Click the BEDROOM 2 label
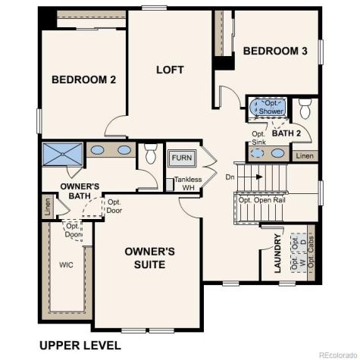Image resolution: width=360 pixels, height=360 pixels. point(83,79)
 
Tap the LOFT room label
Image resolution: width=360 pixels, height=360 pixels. point(170,70)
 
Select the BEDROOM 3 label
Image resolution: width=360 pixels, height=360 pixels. point(275,51)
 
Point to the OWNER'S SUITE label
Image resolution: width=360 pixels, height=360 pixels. point(150,258)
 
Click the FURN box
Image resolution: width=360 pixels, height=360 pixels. point(181,158)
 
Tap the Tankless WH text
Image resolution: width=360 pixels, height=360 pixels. point(187,183)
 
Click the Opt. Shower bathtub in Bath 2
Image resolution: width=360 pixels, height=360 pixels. point(267,108)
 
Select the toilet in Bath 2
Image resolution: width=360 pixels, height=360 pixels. point(305,108)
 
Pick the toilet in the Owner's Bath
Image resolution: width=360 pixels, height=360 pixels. point(149,155)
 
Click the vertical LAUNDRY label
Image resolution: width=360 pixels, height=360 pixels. point(278,254)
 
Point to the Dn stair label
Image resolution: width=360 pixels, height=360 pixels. point(230,177)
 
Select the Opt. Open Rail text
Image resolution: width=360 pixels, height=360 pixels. point(263,200)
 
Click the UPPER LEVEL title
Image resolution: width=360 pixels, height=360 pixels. point(80,345)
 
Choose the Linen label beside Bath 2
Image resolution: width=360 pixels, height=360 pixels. point(304,155)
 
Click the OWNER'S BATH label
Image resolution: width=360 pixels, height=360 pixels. point(80,191)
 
